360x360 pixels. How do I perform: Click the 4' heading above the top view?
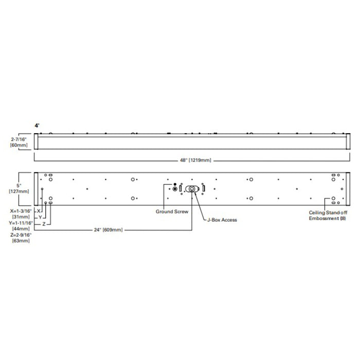click(37, 125)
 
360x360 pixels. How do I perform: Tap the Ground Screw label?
click(172, 211)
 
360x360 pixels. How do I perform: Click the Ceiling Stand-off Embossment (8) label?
click(328, 215)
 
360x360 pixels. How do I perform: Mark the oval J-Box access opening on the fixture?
click(192, 189)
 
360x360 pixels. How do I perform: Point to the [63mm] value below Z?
click(20, 241)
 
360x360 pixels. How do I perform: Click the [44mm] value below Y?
click(20, 228)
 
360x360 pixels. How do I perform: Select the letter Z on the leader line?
click(44, 224)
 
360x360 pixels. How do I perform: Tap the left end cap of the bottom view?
click(36, 189)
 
